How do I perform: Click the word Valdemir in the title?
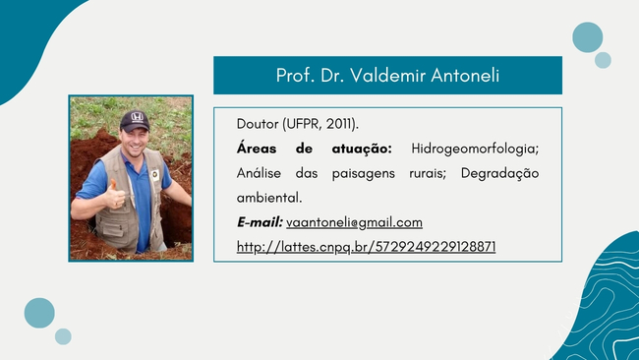[x=387, y=75]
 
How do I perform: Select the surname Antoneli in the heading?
[x=465, y=75]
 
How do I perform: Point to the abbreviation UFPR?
[x=304, y=124]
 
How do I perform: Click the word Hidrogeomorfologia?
[x=475, y=149]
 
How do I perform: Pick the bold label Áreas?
[x=257, y=148]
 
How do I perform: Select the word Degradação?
[x=500, y=174]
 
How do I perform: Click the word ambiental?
[x=269, y=198]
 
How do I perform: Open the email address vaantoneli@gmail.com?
[x=354, y=222]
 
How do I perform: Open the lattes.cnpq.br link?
[x=366, y=247]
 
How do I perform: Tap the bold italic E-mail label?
[x=260, y=222]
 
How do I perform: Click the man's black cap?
[x=135, y=121]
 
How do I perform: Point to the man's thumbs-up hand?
[x=114, y=196]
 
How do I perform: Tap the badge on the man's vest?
[x=155, y=175]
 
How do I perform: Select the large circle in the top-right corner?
[x=587, y=37]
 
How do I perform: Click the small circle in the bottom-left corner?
[x=63, y=336]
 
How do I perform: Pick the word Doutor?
[x=258, y=124]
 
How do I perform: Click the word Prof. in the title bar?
[x=296, y=75]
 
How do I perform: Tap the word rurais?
[x=428, y=174]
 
